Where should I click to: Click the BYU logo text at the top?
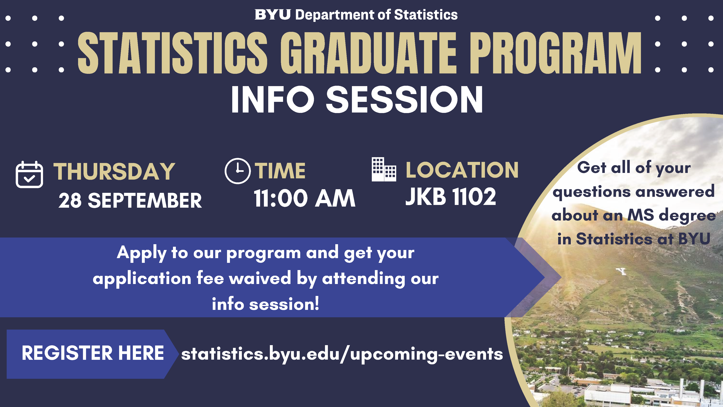point(273,15)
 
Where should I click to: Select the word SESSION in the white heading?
point(404,99)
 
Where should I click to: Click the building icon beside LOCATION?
point(384,169)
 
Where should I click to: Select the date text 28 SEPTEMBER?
point(130,201)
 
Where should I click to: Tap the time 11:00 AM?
point(305,198)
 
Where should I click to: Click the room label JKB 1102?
point(451,197)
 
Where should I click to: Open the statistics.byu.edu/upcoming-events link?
point(342,354)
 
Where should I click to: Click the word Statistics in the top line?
point(426,15)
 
